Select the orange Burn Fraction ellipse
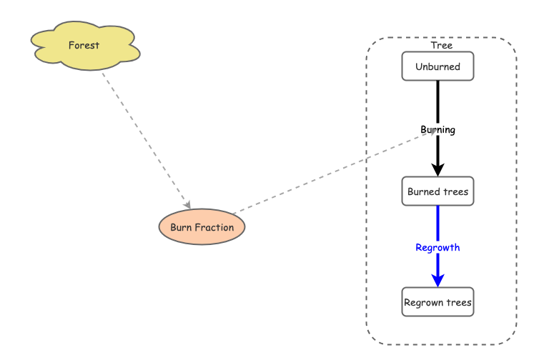point(202,227)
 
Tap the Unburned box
point(437,67)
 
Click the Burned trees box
point(437,191)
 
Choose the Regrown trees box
point(437,302)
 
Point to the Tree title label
point(441,46)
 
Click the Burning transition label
point(437,130)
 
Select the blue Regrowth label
point(437,247)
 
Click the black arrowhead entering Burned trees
point(437,170)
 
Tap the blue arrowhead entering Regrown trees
point(437,280)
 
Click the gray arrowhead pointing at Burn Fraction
point(187,205)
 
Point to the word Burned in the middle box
point(422,191)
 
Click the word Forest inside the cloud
point(84,46)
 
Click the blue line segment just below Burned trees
point(437,221)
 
